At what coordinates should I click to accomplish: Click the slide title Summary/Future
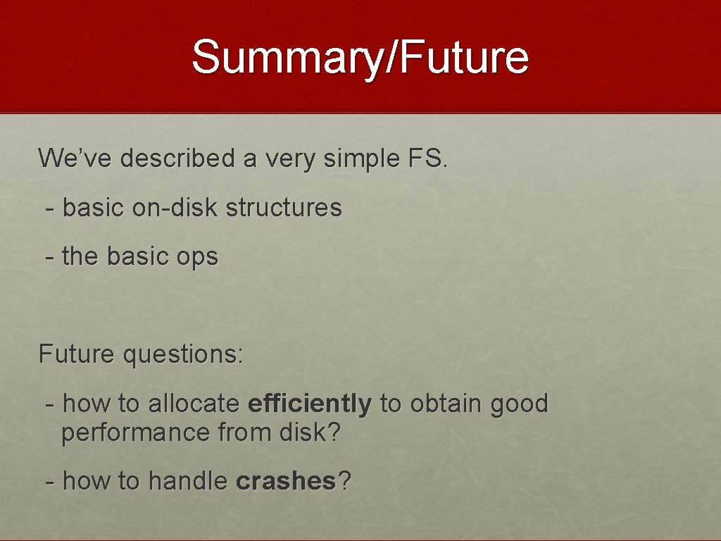[360, 58]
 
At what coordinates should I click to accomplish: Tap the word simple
[361, 158]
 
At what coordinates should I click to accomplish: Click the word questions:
[183, 354]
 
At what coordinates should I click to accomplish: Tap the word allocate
[194, 404]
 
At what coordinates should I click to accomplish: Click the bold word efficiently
[310, 404]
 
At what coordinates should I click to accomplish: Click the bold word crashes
[287, 482]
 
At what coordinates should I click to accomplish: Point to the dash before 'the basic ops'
[49, 257]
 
